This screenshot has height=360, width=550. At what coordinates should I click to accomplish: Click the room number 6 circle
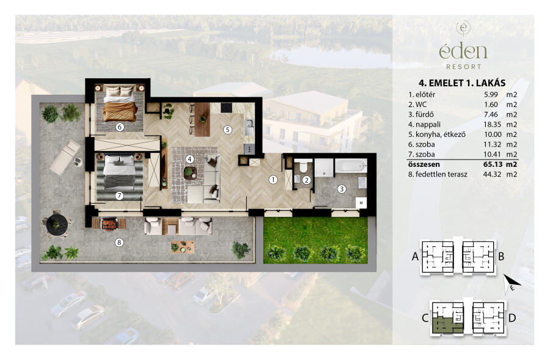tap(120, 127)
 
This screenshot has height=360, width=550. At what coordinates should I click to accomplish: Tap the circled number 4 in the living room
tap(190, 160)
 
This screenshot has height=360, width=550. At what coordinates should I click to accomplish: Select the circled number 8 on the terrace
tap(119, 242)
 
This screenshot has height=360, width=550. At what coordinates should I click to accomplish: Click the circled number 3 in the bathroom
tap(342, 189)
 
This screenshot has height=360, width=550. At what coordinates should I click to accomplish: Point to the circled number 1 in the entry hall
tap(273, 180)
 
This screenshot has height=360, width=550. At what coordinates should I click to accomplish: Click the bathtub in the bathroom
tap(351, 166)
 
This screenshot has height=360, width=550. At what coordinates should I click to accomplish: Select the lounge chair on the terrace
tap(65, 157)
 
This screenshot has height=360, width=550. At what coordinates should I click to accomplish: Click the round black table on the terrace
tap(57, 223)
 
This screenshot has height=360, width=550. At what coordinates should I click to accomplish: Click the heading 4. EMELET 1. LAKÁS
tap(462, 83)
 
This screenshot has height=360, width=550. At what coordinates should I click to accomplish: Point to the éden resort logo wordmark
tap(463, 51)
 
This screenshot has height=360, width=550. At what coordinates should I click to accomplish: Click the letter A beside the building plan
tap(416, 257)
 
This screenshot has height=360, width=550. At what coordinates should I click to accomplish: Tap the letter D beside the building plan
tap(512, 318)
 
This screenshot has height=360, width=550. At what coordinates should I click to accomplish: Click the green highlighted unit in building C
tap(444, 325)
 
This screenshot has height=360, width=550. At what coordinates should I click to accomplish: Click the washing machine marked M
tap(361, 203)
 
